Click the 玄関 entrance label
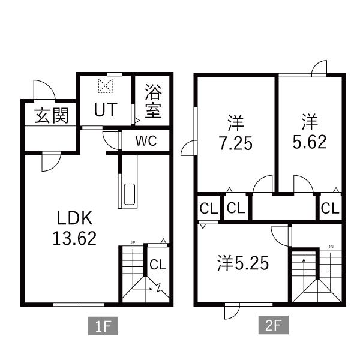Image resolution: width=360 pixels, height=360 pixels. click(52, 115)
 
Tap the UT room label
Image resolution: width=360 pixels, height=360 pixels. click(106, 110)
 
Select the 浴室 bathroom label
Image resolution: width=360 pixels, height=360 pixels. click(154, 101)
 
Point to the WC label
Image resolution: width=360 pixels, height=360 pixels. click(146, 141)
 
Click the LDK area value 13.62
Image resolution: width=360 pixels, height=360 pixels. click(74, 238)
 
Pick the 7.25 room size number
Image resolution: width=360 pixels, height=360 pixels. click(236, 143)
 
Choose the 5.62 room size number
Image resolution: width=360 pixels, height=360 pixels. click(310, 142)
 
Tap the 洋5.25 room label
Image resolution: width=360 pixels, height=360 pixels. click(243, 263)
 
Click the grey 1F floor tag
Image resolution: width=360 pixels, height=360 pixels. click(103, 326)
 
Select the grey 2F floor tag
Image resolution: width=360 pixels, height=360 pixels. click(274, 325)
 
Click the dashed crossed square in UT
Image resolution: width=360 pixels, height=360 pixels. click(106, 86)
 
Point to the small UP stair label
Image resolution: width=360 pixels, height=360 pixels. click(132, 242)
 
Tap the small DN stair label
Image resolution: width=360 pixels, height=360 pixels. click(331, 247)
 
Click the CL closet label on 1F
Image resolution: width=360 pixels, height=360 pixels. click(158, 265)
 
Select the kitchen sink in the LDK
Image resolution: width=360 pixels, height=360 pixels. click(130, 194)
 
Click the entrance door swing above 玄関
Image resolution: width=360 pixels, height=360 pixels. click(44, 90)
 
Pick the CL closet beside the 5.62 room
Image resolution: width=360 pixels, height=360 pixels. click(330, 208)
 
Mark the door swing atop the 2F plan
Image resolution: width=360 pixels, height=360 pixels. click(319, 68)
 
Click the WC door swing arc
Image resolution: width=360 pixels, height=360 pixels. click(110, 140)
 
